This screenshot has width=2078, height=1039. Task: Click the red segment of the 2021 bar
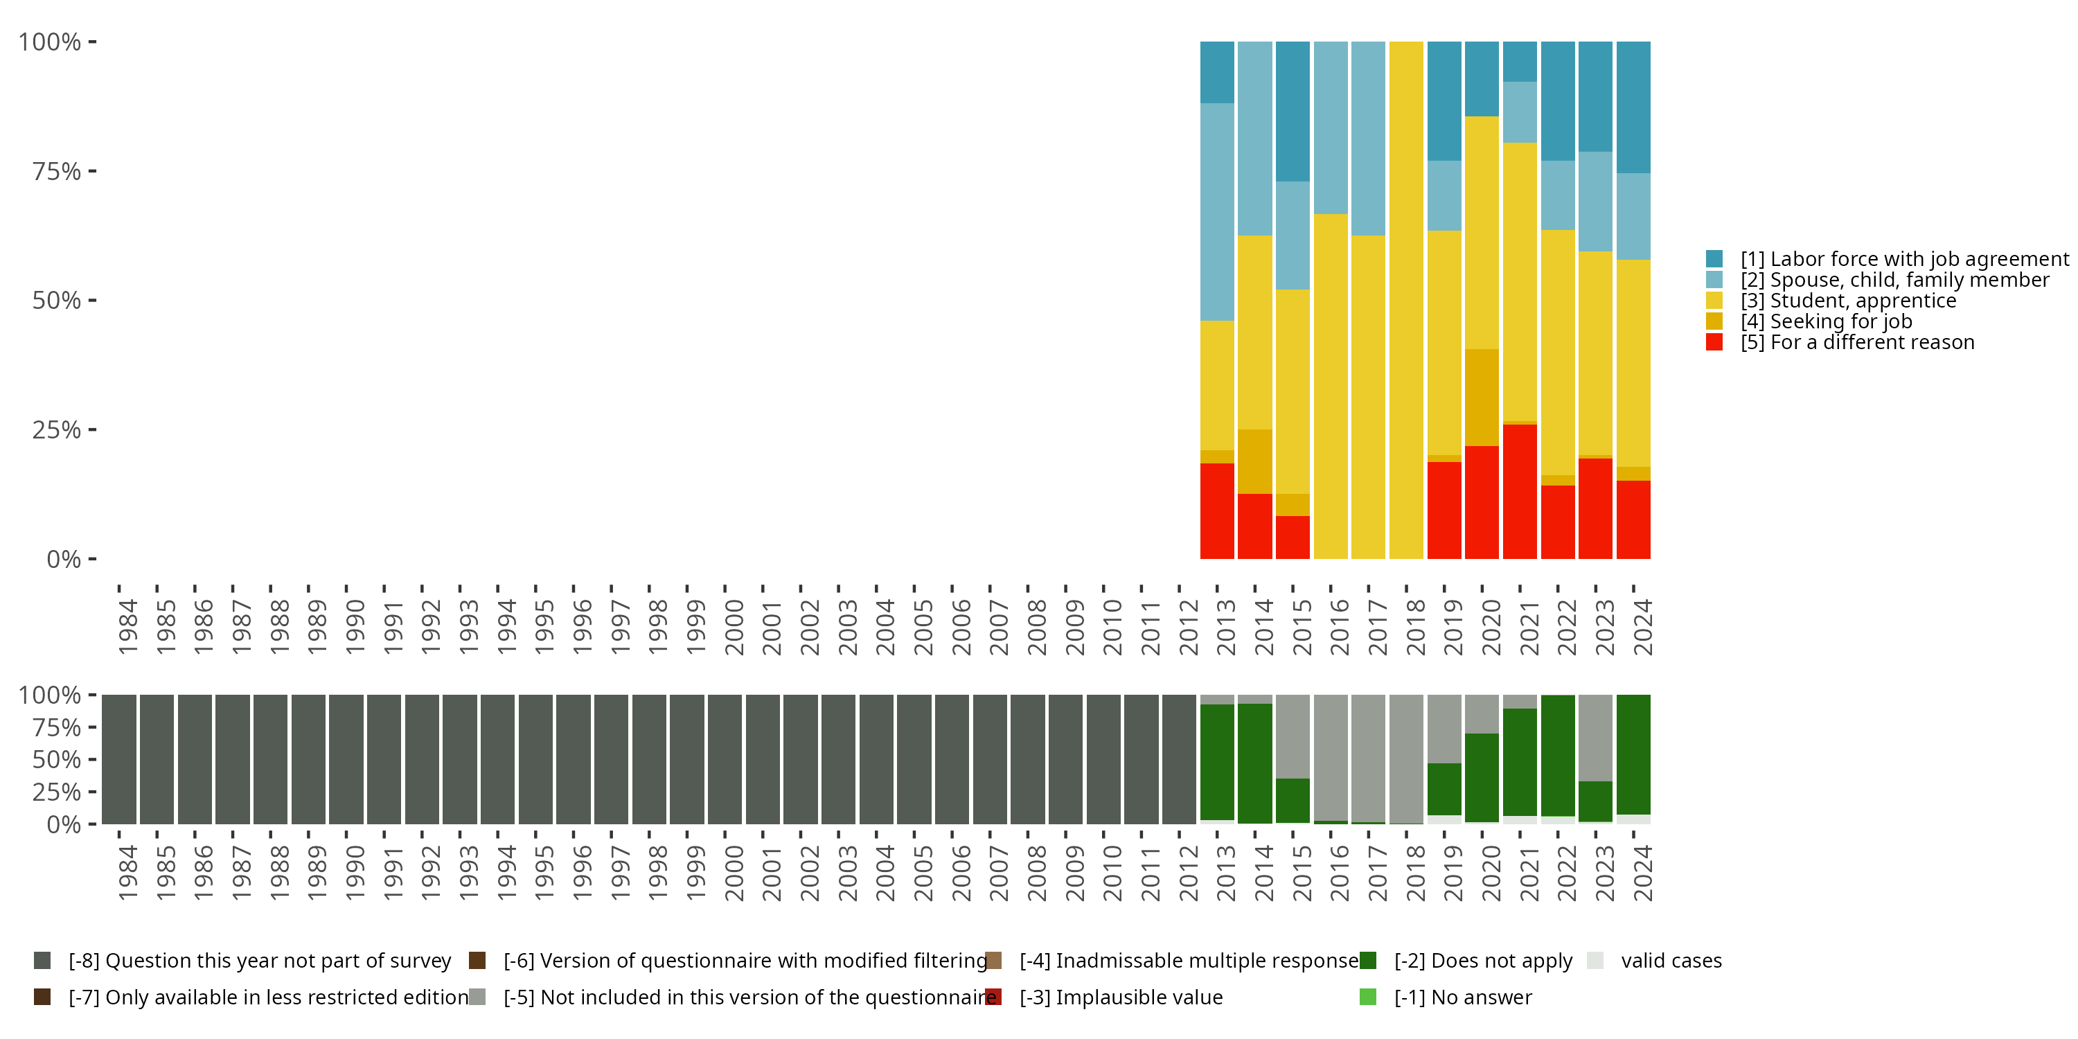(1520, 491)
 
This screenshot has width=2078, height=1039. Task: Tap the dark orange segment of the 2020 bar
(1482, 397)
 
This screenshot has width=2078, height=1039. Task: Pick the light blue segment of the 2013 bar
(1217, 211)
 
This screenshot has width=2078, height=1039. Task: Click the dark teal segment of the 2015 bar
(1293, 112)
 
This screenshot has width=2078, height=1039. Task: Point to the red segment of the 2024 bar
(1633, 519)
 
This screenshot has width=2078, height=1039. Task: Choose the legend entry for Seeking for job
(1825, 322)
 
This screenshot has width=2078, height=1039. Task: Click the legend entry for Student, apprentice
(1847, 301)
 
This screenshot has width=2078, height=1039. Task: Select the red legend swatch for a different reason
(1715, 343)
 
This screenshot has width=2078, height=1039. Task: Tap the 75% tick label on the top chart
(57, 172)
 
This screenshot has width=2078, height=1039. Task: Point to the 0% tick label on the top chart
(64, 559)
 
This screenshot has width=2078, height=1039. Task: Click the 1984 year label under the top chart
(127, 627)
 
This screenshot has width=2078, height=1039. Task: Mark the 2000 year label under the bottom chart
(734, 873)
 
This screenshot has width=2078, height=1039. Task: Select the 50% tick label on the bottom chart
(57, 760)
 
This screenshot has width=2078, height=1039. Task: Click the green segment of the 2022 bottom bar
(1558, 755)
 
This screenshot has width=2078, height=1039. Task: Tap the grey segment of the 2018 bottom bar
(1406, 758)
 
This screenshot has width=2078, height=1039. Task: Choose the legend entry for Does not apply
(1483, 961)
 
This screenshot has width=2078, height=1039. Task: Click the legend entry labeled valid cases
(1671, 961)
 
